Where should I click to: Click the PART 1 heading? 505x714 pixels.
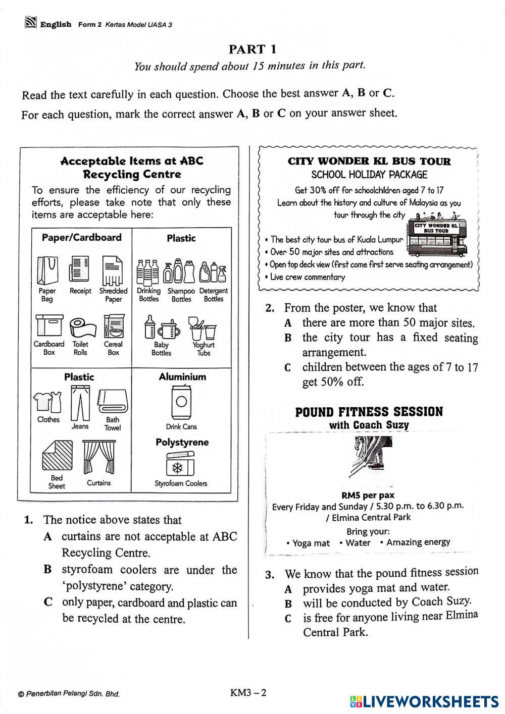pyautogui.click(x=252, y=49)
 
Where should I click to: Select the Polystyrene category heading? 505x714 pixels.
pyautogui.click(x=182, y=443)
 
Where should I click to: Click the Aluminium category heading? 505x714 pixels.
pyautogui.click(x=182, y=377)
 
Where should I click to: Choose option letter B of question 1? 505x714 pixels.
pyautogui.click(x=48, y=570)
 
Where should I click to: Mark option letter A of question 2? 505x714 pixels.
pyautogui.click(x=288, y=323)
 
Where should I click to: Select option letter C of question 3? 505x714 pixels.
pyautogui.click(x=288, y=618)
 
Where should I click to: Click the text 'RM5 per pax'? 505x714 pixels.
pyautogui.click(x=368, y=495)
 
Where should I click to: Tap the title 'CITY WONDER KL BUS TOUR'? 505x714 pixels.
pyautogui.click(x=369, y=161)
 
